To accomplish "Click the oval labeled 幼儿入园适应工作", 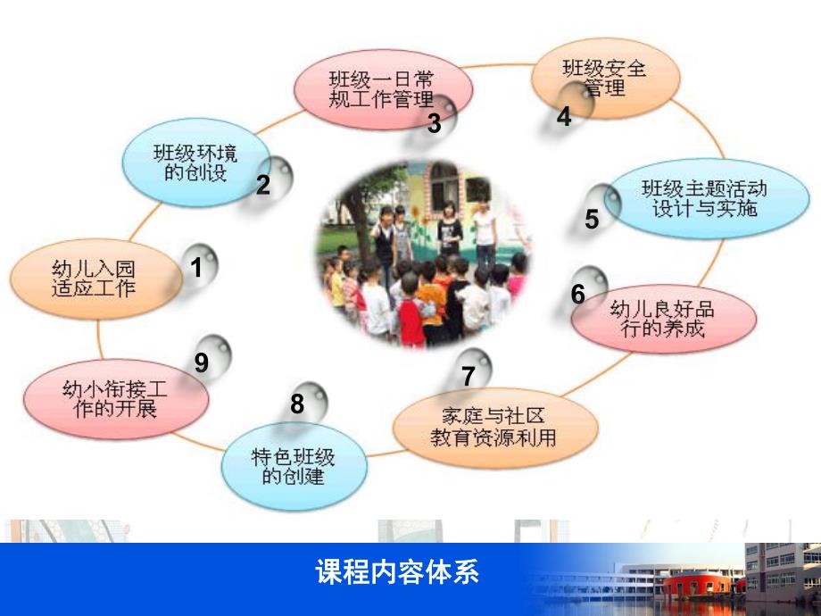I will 93,276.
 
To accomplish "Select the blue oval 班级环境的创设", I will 195,162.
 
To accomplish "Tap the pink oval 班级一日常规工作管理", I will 380,89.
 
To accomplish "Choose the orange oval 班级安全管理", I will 603,78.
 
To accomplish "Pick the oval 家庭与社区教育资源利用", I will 494,427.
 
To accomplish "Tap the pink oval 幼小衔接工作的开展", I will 116,399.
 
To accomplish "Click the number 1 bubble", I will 198,266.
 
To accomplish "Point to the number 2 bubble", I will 265,183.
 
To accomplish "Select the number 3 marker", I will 435,123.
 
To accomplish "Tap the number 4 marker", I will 564,116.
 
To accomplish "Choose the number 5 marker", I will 593,218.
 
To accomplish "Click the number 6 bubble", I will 579,293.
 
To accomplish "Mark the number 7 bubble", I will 469,375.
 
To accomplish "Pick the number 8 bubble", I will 299,404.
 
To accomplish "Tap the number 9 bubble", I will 203,362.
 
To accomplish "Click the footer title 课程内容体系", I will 397,572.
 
